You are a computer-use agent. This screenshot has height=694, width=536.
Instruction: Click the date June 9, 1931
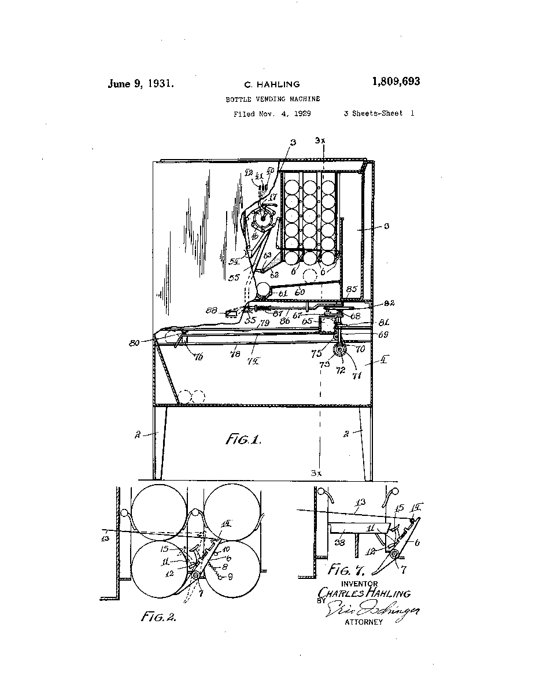[x=141, y=83]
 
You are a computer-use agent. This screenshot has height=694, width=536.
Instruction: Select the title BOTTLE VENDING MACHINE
[x=272, y=99]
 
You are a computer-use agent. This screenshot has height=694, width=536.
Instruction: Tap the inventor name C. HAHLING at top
[x=271, y=84]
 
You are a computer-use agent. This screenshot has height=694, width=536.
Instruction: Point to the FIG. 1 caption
[x=243, y=440]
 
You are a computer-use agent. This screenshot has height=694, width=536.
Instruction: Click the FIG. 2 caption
[x=158, y=617]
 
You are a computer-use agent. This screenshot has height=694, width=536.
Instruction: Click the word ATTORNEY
[x=364, y=622]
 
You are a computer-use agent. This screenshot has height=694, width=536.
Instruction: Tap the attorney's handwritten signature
[x=373, y=610]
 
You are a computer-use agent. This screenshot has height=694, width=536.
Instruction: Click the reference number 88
[x=212, y=311]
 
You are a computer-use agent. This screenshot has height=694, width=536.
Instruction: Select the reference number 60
[x=300, y=293]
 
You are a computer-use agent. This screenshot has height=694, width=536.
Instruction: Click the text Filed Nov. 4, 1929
[x=272, y=114]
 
